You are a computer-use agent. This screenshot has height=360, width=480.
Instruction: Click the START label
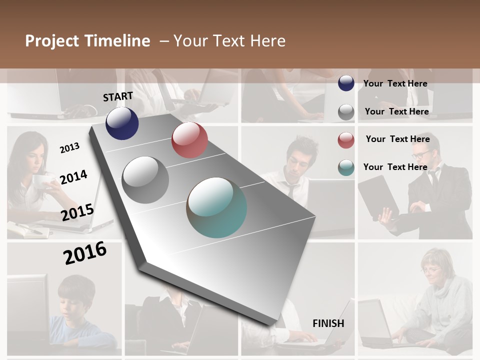pos(118,96)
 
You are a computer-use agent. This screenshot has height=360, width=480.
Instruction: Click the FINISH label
pos(328,323)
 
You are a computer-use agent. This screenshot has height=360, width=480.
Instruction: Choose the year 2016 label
pos(84,252)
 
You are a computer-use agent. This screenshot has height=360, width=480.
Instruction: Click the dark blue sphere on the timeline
pos(122,123)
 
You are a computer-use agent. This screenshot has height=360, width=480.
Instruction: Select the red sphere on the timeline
pos(189,140)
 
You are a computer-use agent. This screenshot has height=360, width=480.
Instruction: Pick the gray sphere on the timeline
pos(145,179)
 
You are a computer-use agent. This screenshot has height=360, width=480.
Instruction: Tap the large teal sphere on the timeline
pos(217,207)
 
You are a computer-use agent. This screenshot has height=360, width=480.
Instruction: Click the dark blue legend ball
pos(346,83)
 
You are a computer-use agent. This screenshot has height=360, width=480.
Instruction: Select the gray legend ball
pos(346,112)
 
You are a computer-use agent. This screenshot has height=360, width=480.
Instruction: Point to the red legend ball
pos(346,140)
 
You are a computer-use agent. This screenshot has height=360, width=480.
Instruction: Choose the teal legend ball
pos(346,167)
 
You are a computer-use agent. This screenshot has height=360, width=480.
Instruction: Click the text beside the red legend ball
pos(397,139)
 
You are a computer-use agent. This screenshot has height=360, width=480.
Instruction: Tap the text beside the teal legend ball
pos(395,167)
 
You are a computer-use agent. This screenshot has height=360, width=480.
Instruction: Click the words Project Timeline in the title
pos(87,41)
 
